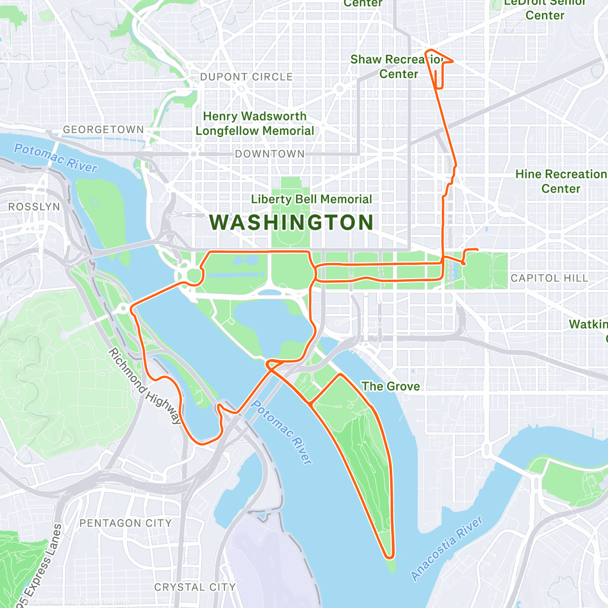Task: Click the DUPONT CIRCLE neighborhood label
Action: (246, 77)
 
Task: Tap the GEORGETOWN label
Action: (103, 130)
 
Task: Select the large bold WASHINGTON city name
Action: (292, 223)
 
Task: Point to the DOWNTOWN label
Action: (270, 154)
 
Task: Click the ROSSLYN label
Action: (34, 207)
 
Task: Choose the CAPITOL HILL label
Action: (549, 278)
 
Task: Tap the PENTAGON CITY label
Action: (126, 523)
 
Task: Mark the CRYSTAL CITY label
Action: (195, 587)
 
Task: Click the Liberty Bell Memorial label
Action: (312, 199)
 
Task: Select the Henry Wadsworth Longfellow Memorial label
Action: (255, 124)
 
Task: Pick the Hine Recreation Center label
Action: (560, 181)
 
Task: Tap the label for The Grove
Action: (391, 387)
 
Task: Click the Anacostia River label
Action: (447, 548)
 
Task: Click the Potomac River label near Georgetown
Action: (55, 158)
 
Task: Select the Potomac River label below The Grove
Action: (282, 432)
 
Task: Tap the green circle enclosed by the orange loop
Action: (194, 276)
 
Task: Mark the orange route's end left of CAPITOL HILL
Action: (477, 249)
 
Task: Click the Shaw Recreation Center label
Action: (398, 67)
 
